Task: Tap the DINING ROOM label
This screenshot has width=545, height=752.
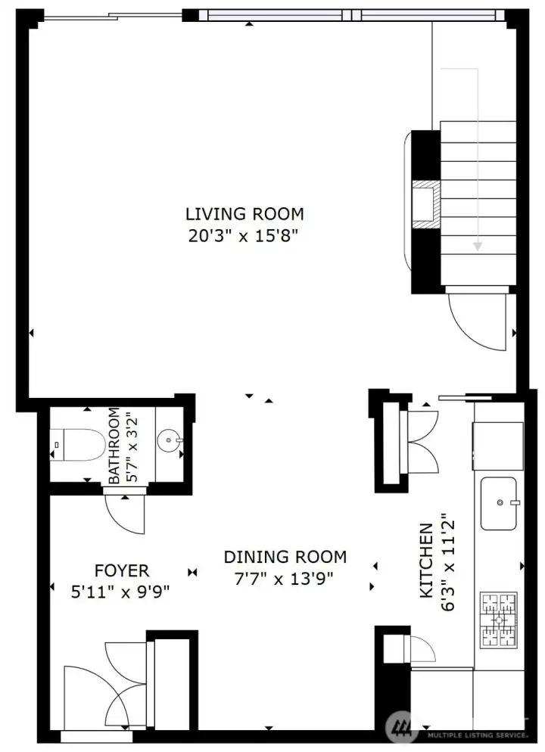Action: click(285, 557)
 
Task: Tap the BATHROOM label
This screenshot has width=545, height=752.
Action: click(114, 446)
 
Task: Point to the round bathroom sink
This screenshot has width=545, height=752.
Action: click(169, 440)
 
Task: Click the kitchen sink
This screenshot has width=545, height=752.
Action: click(499, 503)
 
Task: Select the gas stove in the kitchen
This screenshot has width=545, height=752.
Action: click(498, 620)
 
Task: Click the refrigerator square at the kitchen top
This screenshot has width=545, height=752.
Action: click(497, 445)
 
